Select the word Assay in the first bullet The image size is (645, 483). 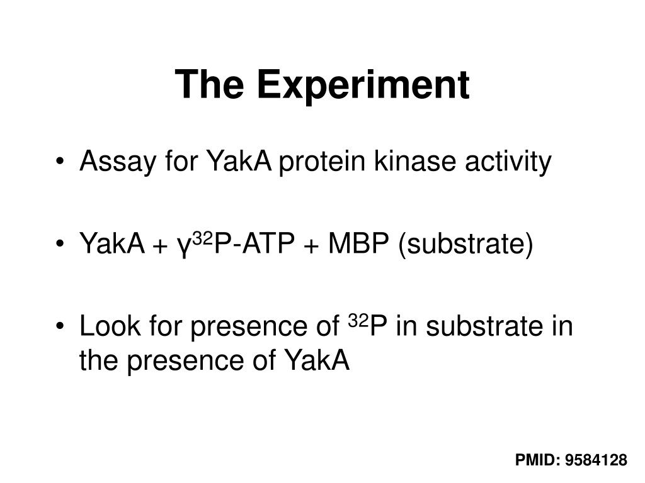pos(118,162)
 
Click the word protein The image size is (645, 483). pos(322,162)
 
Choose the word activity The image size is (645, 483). pos(508,162)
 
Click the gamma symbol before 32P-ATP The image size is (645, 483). pos(185,246)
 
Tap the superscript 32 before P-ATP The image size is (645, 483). pos(202,238)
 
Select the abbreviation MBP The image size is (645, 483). pos(358,243)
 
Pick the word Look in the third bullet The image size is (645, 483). pos(110,326)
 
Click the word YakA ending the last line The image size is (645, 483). pos(317,360)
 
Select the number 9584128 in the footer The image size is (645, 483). pos(596,460)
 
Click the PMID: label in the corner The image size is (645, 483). pos(538,460)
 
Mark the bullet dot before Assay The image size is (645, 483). pos(60,161)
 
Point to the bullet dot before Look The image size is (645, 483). pos(60,326)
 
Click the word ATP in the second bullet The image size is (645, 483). pos(268,243)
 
